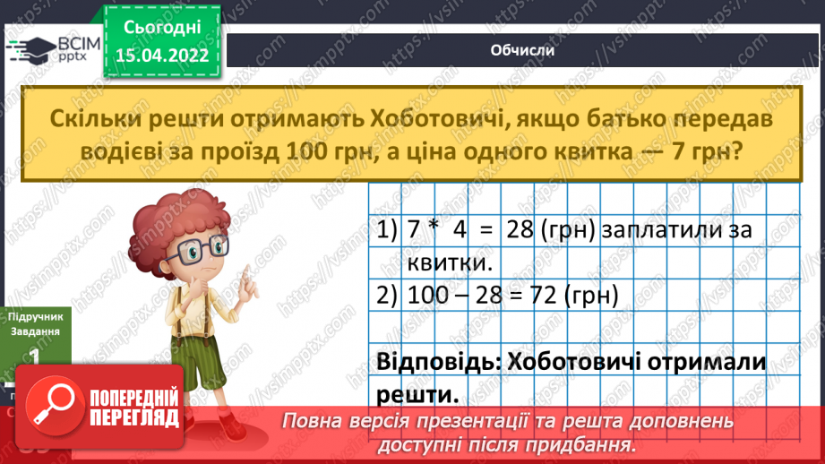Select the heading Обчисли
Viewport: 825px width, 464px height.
(523, 50)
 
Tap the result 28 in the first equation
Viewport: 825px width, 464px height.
(521, 230)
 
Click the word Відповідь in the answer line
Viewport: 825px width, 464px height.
(437, 363)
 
